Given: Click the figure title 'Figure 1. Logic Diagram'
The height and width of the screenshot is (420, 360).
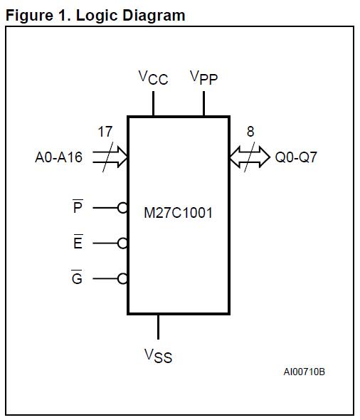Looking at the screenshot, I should coord(95,15).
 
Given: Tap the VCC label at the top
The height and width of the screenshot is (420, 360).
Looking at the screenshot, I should coord(153,77).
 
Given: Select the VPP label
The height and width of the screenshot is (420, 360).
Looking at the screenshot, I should coord(203,77).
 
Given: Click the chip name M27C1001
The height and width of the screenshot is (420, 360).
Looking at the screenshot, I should coord(178,213).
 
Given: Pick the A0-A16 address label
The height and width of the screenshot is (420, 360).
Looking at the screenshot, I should coord(58,157).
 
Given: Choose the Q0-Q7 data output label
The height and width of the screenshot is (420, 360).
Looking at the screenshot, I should coord(296,157).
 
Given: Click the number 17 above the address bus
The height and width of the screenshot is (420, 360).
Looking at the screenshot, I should coord(105,132).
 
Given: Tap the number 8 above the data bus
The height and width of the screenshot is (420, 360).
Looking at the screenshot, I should coord(250,132).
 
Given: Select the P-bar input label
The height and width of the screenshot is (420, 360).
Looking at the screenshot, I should coord(78,207).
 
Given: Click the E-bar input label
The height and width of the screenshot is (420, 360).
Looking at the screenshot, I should coord(78,243).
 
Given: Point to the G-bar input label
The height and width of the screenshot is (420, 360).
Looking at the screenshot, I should coord(78,278).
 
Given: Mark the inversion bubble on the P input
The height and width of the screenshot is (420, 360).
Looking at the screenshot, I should coord(122,208).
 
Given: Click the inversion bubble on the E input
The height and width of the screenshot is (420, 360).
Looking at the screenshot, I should coord(122,243).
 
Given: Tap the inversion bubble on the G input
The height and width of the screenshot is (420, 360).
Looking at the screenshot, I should coord(122,279).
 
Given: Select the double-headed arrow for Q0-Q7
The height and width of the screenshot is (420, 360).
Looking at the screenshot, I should coord(250,157).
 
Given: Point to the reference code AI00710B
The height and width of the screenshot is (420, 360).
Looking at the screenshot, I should coord(304,372).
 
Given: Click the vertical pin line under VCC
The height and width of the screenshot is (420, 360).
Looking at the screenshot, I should coord(153,103).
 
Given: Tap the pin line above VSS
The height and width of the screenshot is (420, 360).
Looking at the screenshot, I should coord(158,326).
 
